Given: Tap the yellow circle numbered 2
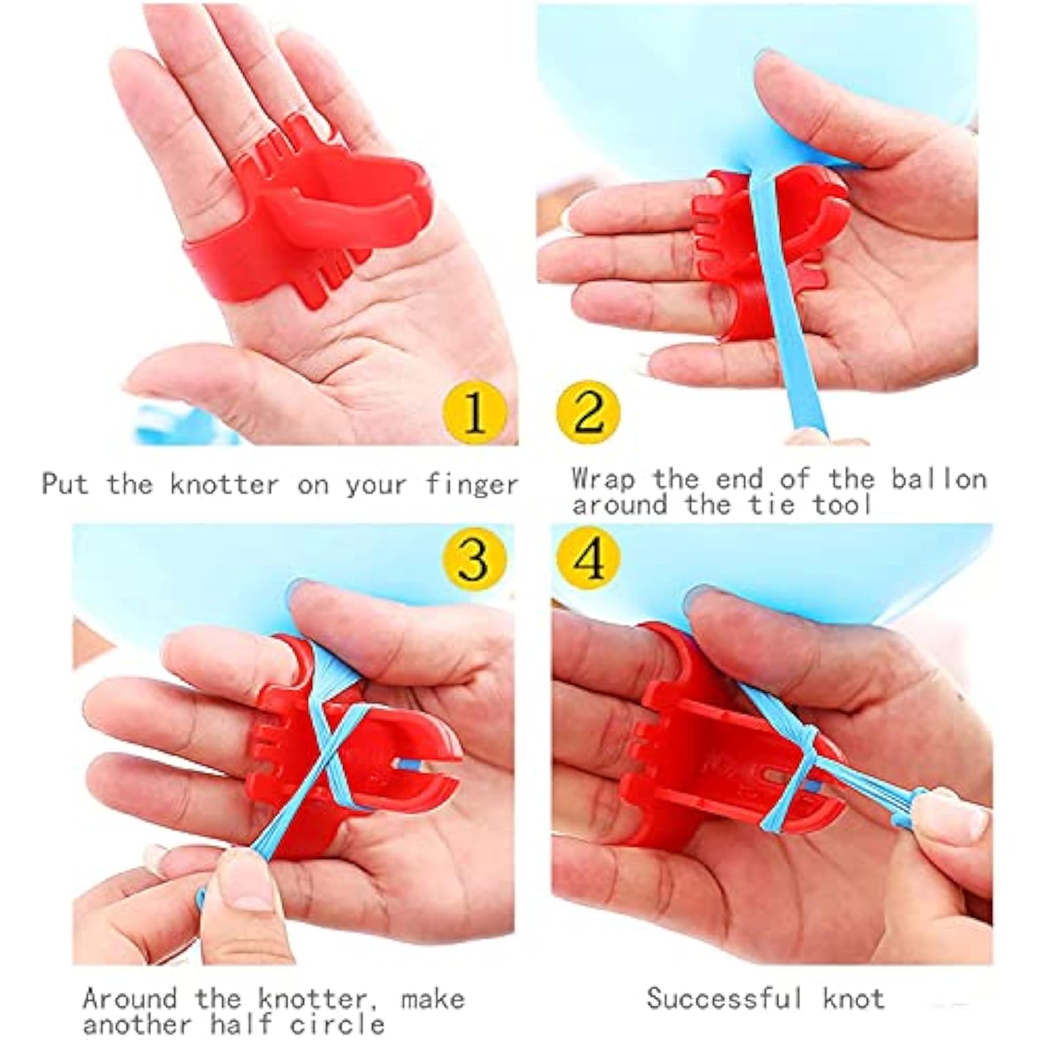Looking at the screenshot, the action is coord(588,413).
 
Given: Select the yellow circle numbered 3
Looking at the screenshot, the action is coord(475,559).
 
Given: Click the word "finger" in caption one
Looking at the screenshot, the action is coord(471,485).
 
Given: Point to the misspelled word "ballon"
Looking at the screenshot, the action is coord(939,479).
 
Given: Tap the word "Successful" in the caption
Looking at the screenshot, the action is coord(725,998).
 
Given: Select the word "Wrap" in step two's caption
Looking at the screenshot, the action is coord(603,480).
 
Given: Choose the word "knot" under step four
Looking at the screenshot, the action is coord(853,999).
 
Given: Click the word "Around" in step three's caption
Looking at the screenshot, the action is coord(130,999).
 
